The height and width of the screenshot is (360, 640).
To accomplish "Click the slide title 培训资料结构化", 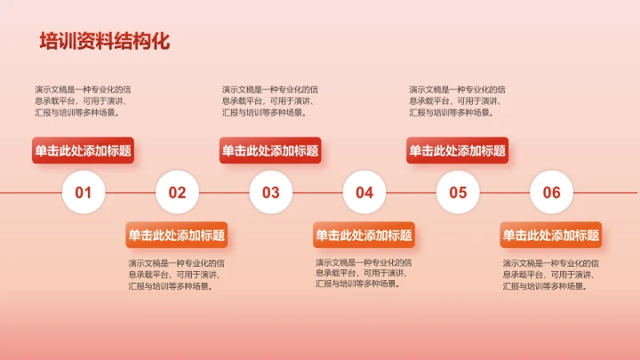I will (x=104, y=42).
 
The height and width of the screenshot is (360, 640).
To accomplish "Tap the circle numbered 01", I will (x=84, y=192).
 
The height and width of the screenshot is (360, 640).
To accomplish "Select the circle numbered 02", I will (x=177, y=192).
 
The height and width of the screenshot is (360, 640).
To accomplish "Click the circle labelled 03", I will (x=270, y=192).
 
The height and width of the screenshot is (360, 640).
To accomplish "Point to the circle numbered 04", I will (x=364, y=192).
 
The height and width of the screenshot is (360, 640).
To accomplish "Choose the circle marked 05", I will (x=458, y=192).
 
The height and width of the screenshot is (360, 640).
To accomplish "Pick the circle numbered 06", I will (x=551, y=192).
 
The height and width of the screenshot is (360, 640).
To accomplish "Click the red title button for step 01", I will (x=83, y=151).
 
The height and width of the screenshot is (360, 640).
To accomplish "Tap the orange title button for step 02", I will (x=177, y=235).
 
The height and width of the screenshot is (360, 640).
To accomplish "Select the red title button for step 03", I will (x=270, y=151).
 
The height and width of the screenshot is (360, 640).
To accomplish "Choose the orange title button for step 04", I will (x=364, y=235).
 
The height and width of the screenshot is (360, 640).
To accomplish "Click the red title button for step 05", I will (x=458, y=151).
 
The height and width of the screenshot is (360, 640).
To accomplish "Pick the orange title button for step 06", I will (x=551, y=235).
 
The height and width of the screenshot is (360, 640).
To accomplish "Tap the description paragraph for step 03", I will (x=270, y=100).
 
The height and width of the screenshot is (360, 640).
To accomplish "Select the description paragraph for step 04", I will (x=364, y=274).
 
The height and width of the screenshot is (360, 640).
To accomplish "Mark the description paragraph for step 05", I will (x=457, y=100).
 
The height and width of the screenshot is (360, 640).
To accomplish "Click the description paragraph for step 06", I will (x=551, y=275).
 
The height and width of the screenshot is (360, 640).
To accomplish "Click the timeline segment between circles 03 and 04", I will (x=317, y=192).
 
